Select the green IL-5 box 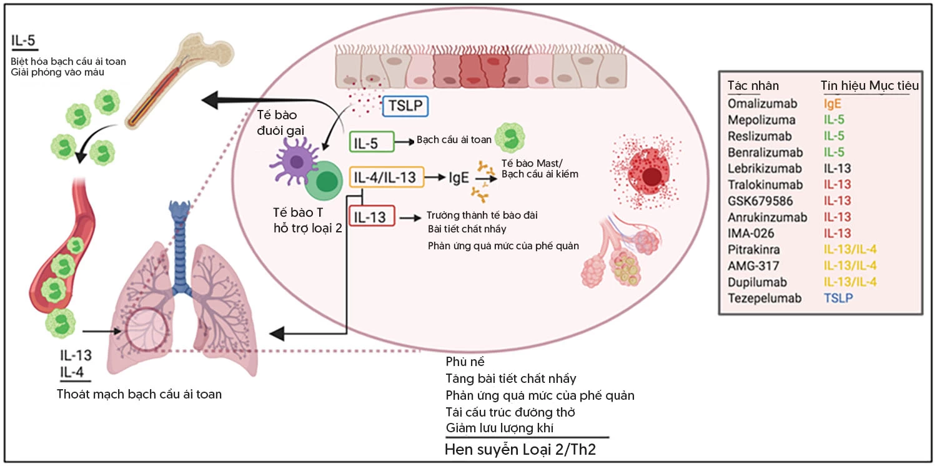[x=372, y=142]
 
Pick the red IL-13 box [x=372, y=217]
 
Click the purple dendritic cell [x=295, y=164]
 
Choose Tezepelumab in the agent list [x=765, y=298]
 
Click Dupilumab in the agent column [x=756, y=282]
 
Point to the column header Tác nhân [x=753, y=86]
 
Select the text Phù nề [x=465, y=362]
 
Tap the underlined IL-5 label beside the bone [x=24, y=42]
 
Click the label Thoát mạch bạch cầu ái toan [x=139, y=394]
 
